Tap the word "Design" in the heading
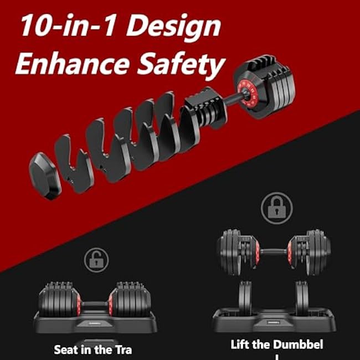point(177,27)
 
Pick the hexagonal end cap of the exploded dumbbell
point(46,174)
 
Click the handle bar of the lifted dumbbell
point(274,252)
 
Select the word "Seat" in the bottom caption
point(66,350)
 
